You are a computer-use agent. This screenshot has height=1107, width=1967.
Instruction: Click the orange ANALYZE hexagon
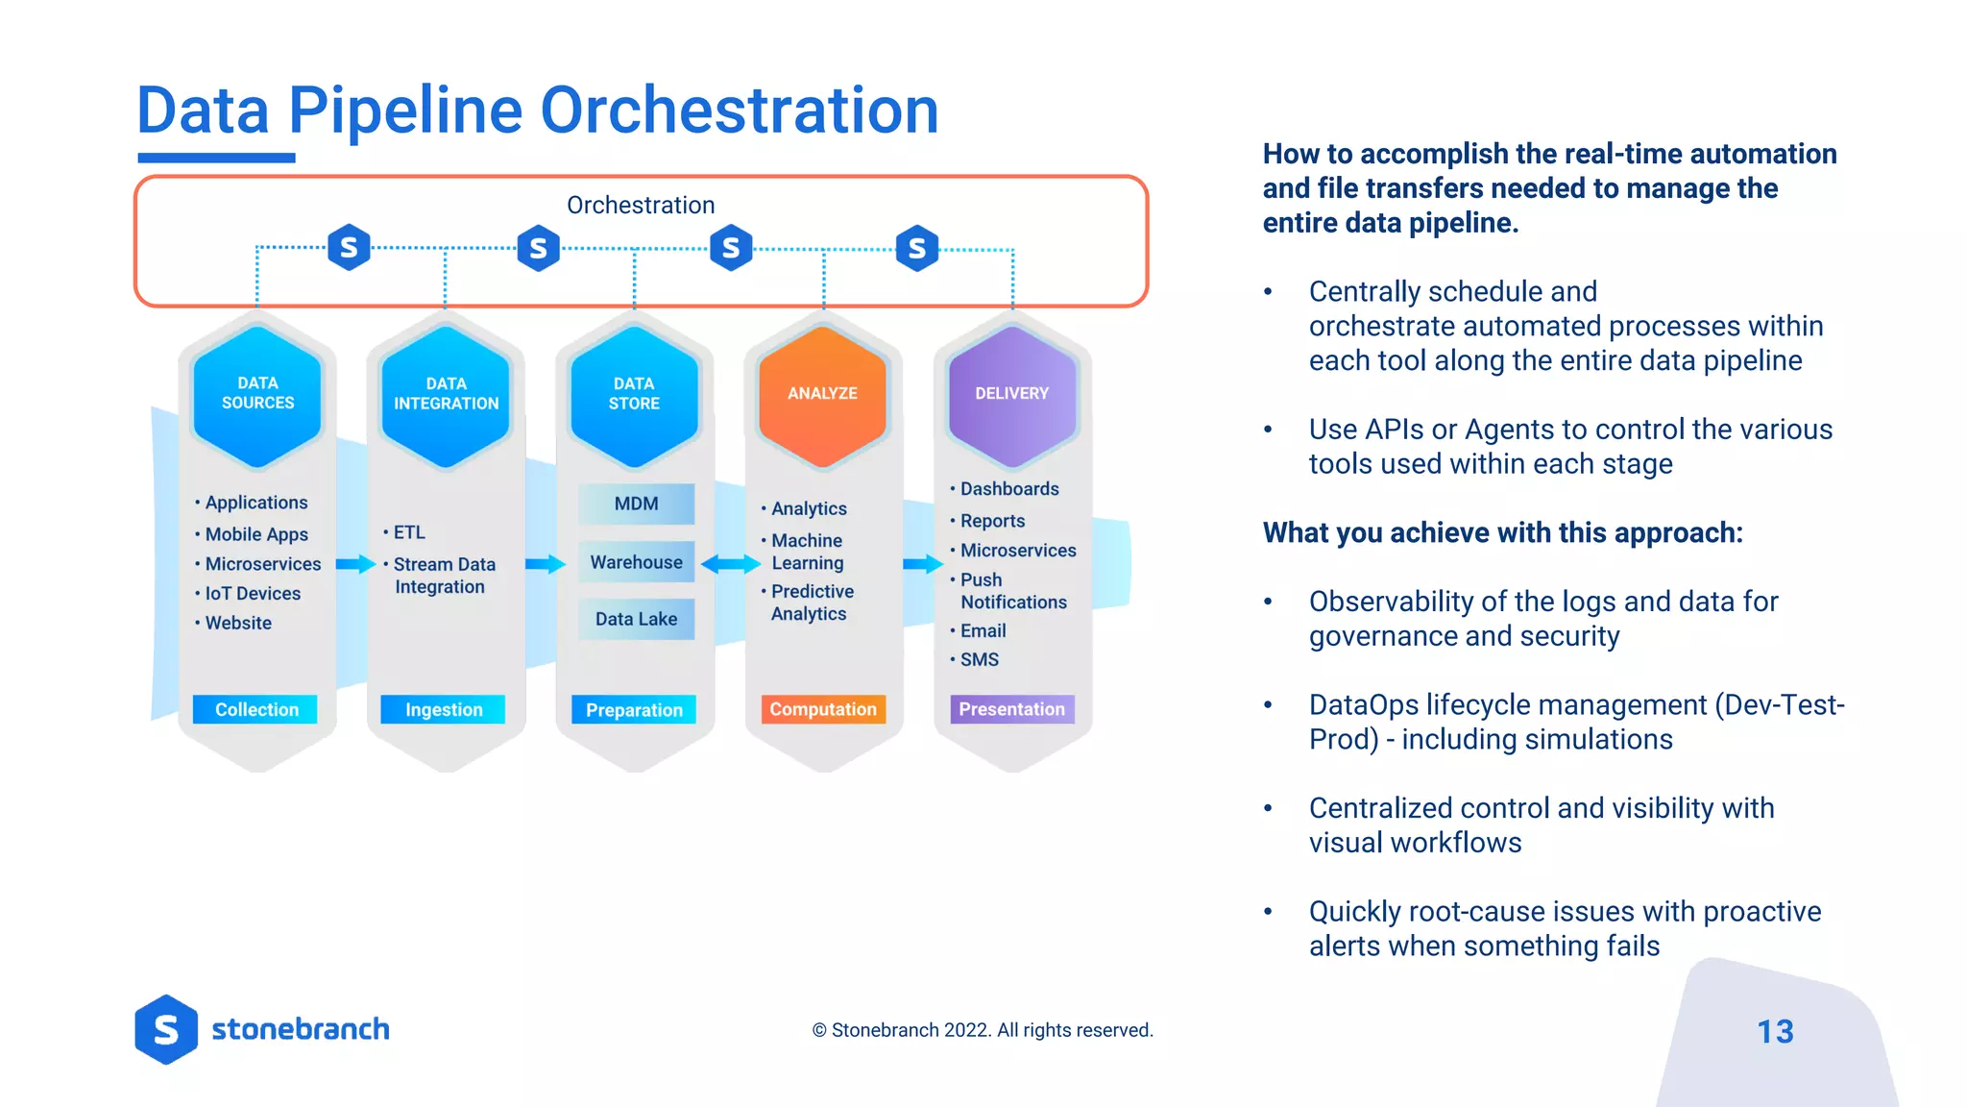coord(822,395)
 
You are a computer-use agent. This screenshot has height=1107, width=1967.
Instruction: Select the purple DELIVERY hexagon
coord(1011,395)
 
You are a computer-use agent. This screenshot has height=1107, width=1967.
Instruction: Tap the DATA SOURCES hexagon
coord(257,395)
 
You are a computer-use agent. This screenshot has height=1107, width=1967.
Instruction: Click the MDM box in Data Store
coord(636,504)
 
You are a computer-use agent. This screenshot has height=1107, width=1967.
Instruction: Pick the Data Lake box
coord(636,619)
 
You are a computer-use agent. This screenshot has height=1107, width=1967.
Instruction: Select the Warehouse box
coord(636,562)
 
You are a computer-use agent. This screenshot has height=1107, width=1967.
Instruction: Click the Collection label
coord(255,709)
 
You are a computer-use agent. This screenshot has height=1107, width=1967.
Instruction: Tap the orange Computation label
coord(823,709)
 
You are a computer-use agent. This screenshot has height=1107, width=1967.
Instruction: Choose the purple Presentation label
coord(1011,709)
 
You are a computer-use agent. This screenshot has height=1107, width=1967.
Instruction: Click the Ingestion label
coord(443,709)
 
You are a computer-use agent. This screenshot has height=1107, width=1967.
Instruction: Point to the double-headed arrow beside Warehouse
coord(731,564)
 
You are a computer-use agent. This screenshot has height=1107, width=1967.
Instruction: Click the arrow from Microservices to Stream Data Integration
coord(355,564)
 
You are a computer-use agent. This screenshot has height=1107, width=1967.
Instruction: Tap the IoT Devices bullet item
coord(252,594)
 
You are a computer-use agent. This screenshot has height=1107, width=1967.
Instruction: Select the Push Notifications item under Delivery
coord(1012,591)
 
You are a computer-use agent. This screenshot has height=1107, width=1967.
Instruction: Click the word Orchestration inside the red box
coord(641,205)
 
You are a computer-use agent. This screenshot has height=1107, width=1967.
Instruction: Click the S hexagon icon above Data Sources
coord(349,248)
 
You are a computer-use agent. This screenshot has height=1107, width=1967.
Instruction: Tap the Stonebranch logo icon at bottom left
coord(166,1029)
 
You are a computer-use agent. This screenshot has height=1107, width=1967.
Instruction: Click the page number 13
coord(1775,1031)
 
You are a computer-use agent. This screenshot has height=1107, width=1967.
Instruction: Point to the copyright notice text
coord(983,1030)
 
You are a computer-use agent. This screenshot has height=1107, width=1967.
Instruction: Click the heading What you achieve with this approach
coord(1502,532)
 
